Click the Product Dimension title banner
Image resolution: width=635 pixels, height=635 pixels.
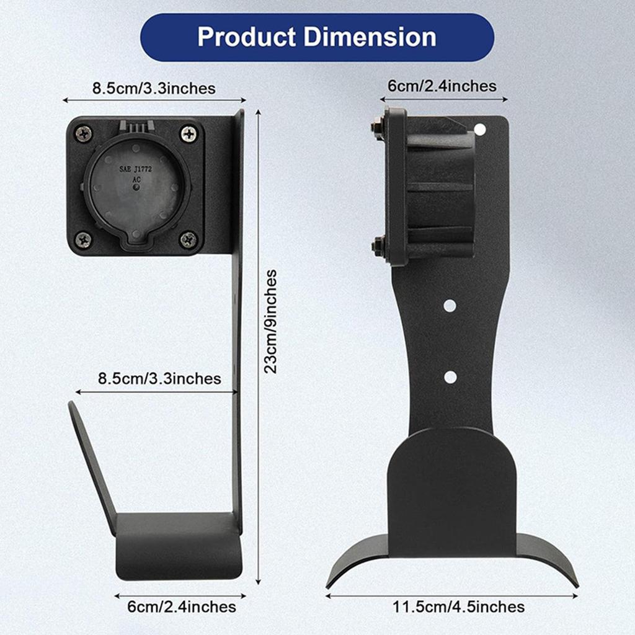(x=317, y=37)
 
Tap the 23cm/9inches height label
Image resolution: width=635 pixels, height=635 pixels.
(x=271, y=321)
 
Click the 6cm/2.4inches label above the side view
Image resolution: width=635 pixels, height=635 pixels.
(x=442, y=86)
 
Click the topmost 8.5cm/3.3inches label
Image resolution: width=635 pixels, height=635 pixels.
(x=154, y=88)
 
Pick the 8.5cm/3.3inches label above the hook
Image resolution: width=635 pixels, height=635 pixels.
(x=159, y=378)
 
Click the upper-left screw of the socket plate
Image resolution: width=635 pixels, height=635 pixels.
(x=83, y=133)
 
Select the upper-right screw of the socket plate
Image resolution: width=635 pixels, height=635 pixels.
(x=189, y=133)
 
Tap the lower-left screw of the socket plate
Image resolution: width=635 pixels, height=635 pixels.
(x=83, y=239)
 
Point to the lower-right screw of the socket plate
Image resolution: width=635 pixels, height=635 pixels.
(x=189, y=239)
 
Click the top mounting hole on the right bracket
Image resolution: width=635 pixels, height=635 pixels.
(x=479, y=130)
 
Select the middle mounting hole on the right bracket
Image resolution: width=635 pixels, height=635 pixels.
(x=450, y=306)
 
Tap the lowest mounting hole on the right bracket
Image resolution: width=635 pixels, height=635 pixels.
(x=451, y=377)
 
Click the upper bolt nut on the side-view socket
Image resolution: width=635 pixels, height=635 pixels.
(x=376, y=128)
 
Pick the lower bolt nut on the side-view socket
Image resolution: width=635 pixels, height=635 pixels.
(x=376, y=246)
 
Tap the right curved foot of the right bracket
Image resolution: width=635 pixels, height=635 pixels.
(x=548, y=558)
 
